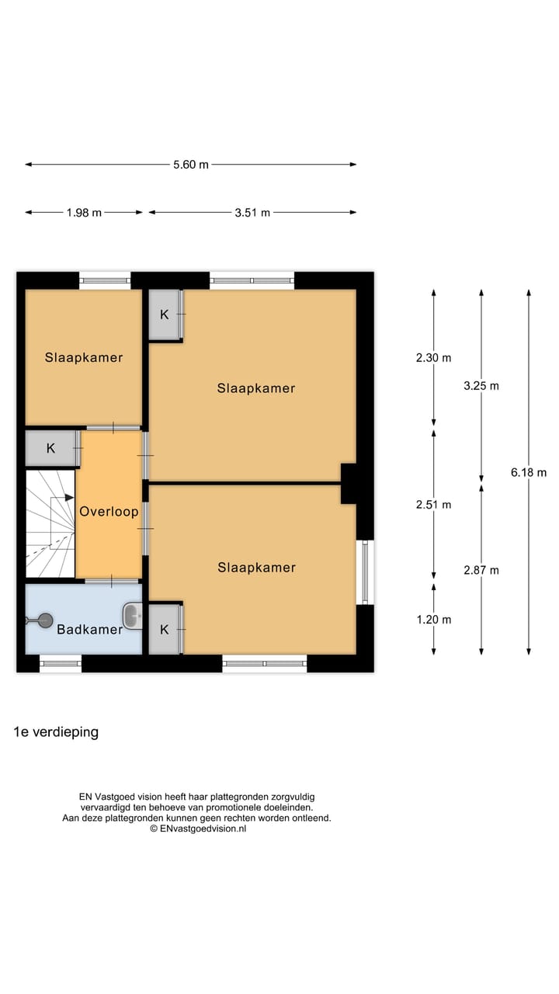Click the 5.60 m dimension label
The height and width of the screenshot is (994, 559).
190,165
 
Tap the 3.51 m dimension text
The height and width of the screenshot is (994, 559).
252,213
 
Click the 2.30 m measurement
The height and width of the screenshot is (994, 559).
433,358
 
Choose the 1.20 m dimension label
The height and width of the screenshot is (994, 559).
433,619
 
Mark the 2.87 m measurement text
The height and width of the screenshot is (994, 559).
481,570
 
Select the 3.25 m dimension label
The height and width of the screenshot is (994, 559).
481,385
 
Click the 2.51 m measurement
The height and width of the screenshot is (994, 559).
433,504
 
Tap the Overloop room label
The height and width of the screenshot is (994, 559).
109,512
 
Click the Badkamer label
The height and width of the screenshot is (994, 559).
89,630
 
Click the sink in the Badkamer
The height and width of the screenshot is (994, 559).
134,617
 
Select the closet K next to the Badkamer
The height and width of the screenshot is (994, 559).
165,629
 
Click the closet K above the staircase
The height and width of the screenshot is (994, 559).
51,448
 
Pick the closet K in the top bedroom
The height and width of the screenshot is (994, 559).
165,315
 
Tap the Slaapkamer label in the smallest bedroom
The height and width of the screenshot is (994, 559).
84,358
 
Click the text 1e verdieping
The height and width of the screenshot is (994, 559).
56,732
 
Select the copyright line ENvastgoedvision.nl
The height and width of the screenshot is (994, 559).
198,829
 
